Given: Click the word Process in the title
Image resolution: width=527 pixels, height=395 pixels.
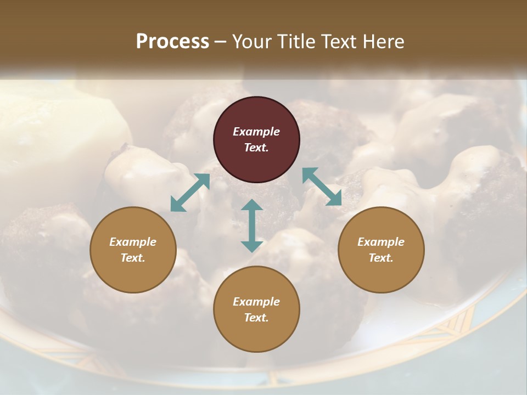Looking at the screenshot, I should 172,42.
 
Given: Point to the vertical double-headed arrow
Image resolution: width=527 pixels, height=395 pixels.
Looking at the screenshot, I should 252,225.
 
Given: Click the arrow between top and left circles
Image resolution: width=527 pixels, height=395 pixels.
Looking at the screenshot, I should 190,193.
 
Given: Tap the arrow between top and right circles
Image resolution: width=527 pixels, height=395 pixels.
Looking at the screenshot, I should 322,187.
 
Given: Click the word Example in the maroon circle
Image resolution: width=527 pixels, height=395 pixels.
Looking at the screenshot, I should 256,132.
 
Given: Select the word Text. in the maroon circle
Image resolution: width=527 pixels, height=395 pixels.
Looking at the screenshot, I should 256,148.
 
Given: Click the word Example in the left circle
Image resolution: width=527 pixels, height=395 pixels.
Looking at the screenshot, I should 133,242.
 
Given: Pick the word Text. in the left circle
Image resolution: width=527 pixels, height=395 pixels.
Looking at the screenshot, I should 133,258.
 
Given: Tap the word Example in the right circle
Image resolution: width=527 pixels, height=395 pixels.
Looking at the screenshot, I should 381,242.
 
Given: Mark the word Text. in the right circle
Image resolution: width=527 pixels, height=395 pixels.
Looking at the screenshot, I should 381,258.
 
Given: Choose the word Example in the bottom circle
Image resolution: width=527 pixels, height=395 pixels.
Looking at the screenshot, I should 256,302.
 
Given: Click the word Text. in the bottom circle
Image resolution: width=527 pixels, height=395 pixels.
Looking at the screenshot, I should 256,318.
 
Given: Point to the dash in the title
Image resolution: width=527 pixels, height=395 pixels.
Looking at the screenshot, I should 221,42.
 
